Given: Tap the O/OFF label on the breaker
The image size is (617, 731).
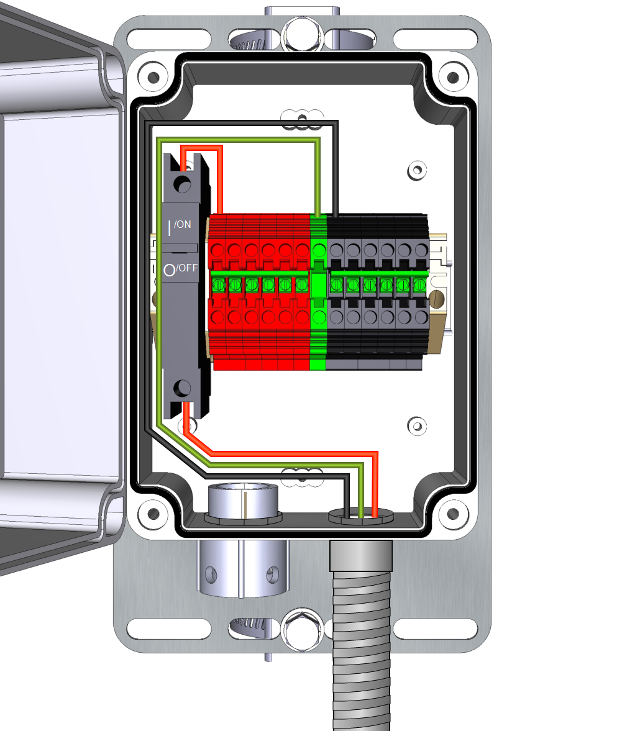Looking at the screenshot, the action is [180, 269].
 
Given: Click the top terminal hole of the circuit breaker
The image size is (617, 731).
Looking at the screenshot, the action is [182, 184].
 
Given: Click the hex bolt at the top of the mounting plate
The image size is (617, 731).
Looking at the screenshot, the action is [302, 35].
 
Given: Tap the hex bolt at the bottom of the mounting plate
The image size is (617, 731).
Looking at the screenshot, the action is [302, 630].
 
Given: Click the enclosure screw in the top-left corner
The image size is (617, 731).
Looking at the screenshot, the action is [153, 77].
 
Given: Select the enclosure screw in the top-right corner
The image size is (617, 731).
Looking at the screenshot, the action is [452, 77].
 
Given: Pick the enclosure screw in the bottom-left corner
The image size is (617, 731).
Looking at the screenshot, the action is [153, 514].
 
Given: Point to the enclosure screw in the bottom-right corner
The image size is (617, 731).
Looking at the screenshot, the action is [452, 514].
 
